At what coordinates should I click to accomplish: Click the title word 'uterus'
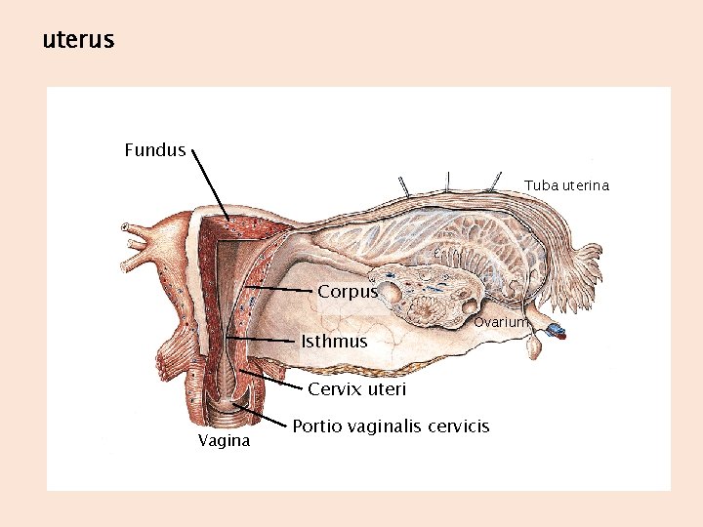coord(78,40)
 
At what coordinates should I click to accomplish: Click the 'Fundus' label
coord(154,150)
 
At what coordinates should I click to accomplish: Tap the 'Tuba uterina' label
coord(566,185)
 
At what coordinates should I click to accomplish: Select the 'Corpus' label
coord(347,292)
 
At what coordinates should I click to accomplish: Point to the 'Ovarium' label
coord(500,322)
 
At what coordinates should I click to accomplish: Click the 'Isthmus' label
coord(334,342)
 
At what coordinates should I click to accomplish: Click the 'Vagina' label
coord(224,441)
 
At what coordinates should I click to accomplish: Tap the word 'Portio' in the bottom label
coord(316,426)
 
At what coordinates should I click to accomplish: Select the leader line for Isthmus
coord(262,340)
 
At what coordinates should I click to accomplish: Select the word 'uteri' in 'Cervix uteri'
coord(388,390)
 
